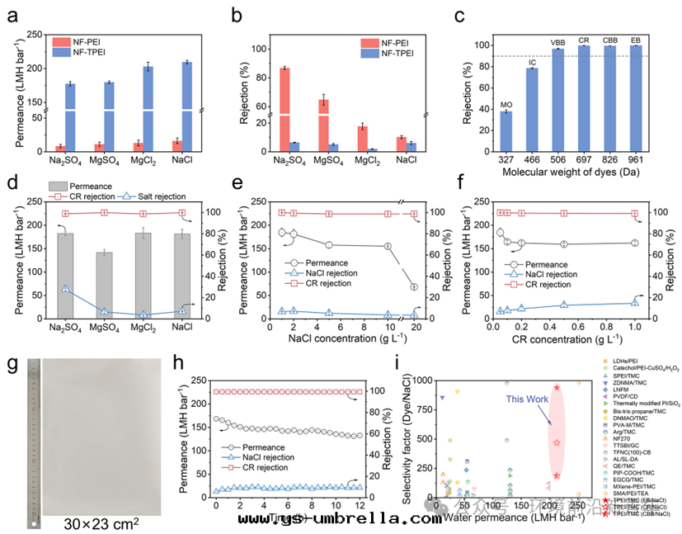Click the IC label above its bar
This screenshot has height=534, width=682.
click(x=533, y=62)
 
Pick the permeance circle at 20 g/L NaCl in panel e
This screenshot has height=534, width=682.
click(x=414, y=286)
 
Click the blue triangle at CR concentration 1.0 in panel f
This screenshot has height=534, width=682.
click(x=634, y=303)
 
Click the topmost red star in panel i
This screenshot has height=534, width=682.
click(x=557, y=387)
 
